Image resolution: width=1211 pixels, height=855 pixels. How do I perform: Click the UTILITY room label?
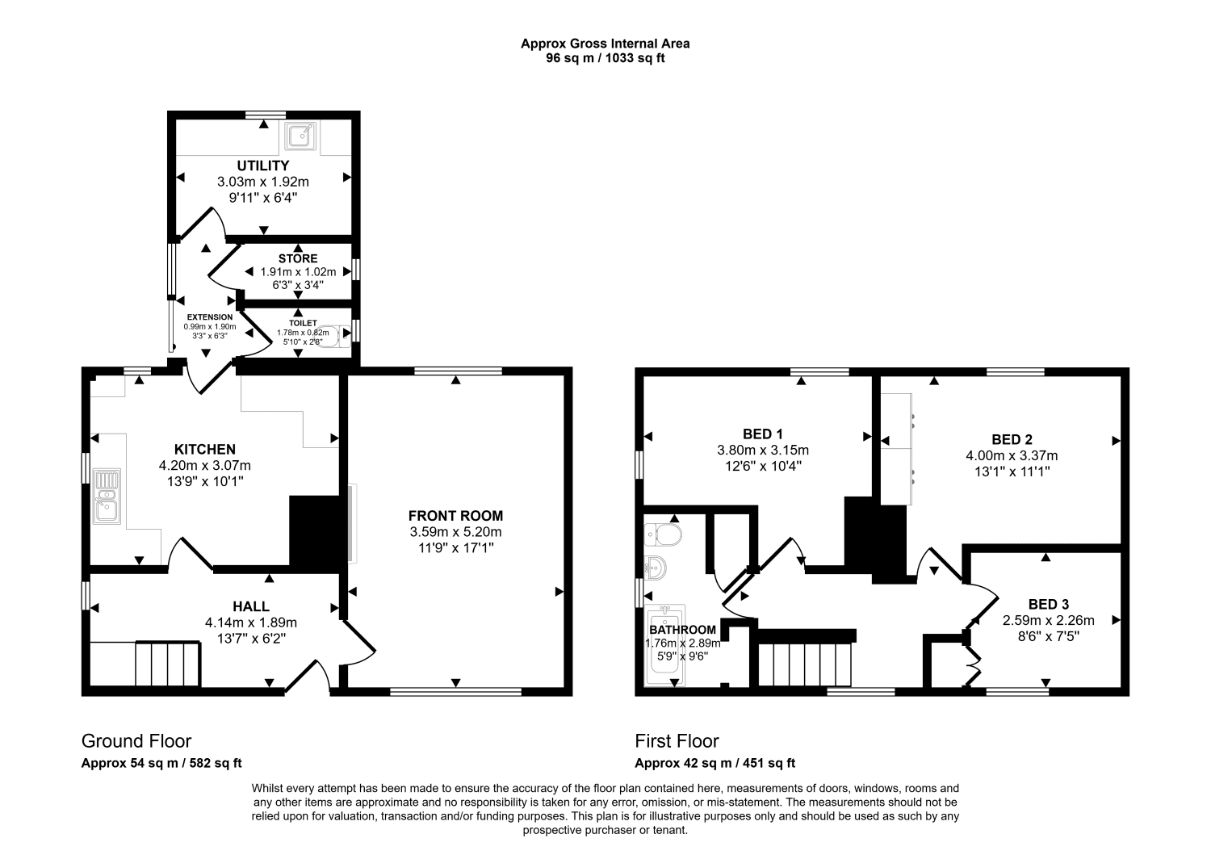pyautogui.click(x=263, y=166)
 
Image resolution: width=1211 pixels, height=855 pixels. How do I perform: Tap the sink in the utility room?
pyautogui.click(x=300, y=137)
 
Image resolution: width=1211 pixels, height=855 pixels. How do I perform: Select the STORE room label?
pyautogui.click(x=298, y=258)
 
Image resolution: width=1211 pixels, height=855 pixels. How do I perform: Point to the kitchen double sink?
pyautogui.click(x=106, y=496)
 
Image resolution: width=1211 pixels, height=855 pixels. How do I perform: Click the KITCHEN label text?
pyautogui.click(x=205, y=450)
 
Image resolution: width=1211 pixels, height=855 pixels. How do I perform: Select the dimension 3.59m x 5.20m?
pyautogui.click(x=455, y=532)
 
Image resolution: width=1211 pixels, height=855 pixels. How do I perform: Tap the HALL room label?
pyautogui.click(x=251, y=606)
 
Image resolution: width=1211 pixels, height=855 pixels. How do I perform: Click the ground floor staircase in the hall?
pyautogui.click(x=167, y=663)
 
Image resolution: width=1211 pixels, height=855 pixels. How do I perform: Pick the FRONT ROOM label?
pyautogui.click(x=455, y=516)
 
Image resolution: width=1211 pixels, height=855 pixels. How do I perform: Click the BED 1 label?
pyautogui.click(x=763, y=434)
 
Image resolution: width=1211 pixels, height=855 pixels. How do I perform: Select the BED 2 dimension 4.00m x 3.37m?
pyautogui.click(x=1012, y=455)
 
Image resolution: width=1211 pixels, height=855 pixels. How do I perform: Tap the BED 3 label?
pyautogui.click(x=1049, y=604)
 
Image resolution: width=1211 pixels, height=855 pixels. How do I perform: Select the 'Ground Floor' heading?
pyautogui.click(x=136, y=741)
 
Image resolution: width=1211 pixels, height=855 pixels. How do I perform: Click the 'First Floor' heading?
pyautogui.click(x=677, y=741)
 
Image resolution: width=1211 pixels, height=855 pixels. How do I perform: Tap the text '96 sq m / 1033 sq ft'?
pyautogui.click(x=605, y=58)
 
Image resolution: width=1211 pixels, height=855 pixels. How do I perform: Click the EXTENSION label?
pyautogui.click(x=210, y=317)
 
